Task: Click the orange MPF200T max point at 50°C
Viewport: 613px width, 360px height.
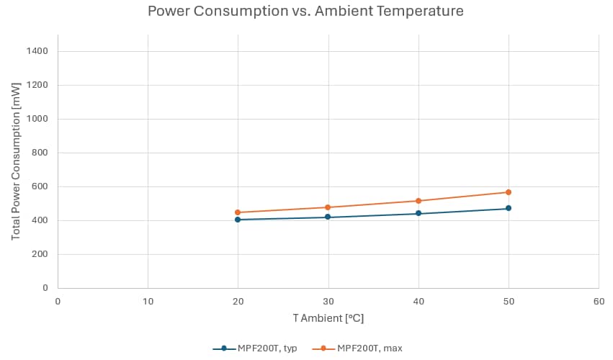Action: coord(509,192)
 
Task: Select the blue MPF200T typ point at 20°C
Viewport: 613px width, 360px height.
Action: coord(238,220)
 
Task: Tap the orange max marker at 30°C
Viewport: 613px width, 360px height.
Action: coord(328,207)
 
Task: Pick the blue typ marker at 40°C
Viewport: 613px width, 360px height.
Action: coord(419,214)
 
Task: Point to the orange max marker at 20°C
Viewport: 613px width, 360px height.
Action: coord(238,212)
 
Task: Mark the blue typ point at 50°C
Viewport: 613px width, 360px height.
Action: coord(509,208)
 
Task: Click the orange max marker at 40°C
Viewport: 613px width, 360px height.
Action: coord(419,201)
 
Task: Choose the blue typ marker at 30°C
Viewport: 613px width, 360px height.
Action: coord(328,217)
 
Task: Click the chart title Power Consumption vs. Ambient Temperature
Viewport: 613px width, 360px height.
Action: coord(305,12)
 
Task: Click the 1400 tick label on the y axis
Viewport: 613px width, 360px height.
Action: coord(37,51)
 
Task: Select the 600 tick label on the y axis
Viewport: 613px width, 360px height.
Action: coord(40,186)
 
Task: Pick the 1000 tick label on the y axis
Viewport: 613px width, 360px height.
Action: coord(37,119)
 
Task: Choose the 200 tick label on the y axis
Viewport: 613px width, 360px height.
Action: coord(40,254)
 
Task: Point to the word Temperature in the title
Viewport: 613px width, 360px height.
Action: coord(422,12)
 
